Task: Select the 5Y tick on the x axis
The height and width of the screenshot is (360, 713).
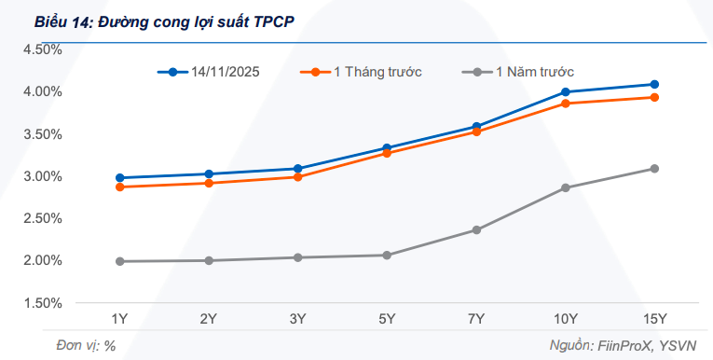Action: (387, 320)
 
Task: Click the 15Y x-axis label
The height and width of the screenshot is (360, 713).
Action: (654, 320)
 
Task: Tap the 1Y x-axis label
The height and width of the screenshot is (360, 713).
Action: (119, 320)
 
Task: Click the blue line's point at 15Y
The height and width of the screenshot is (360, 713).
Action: (654, 84)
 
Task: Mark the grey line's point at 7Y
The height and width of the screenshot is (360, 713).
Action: (476, 229)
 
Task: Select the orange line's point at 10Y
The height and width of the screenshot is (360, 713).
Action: (566, 103)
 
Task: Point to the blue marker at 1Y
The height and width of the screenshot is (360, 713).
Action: (119, 177)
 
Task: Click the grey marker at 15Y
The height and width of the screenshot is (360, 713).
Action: (654, 169)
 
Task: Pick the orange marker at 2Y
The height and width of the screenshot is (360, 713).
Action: (209, 183)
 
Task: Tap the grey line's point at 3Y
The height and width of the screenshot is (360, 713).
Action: (297, 257)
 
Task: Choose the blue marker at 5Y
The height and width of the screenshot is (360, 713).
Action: (387, 148)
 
